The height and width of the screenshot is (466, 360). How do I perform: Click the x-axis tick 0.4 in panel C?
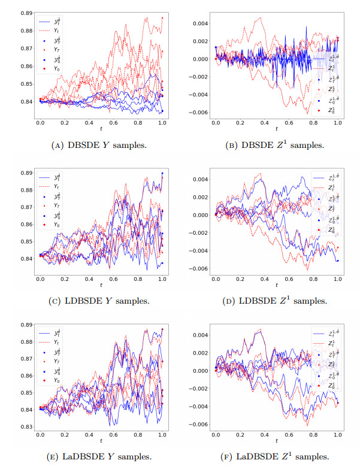89,279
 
